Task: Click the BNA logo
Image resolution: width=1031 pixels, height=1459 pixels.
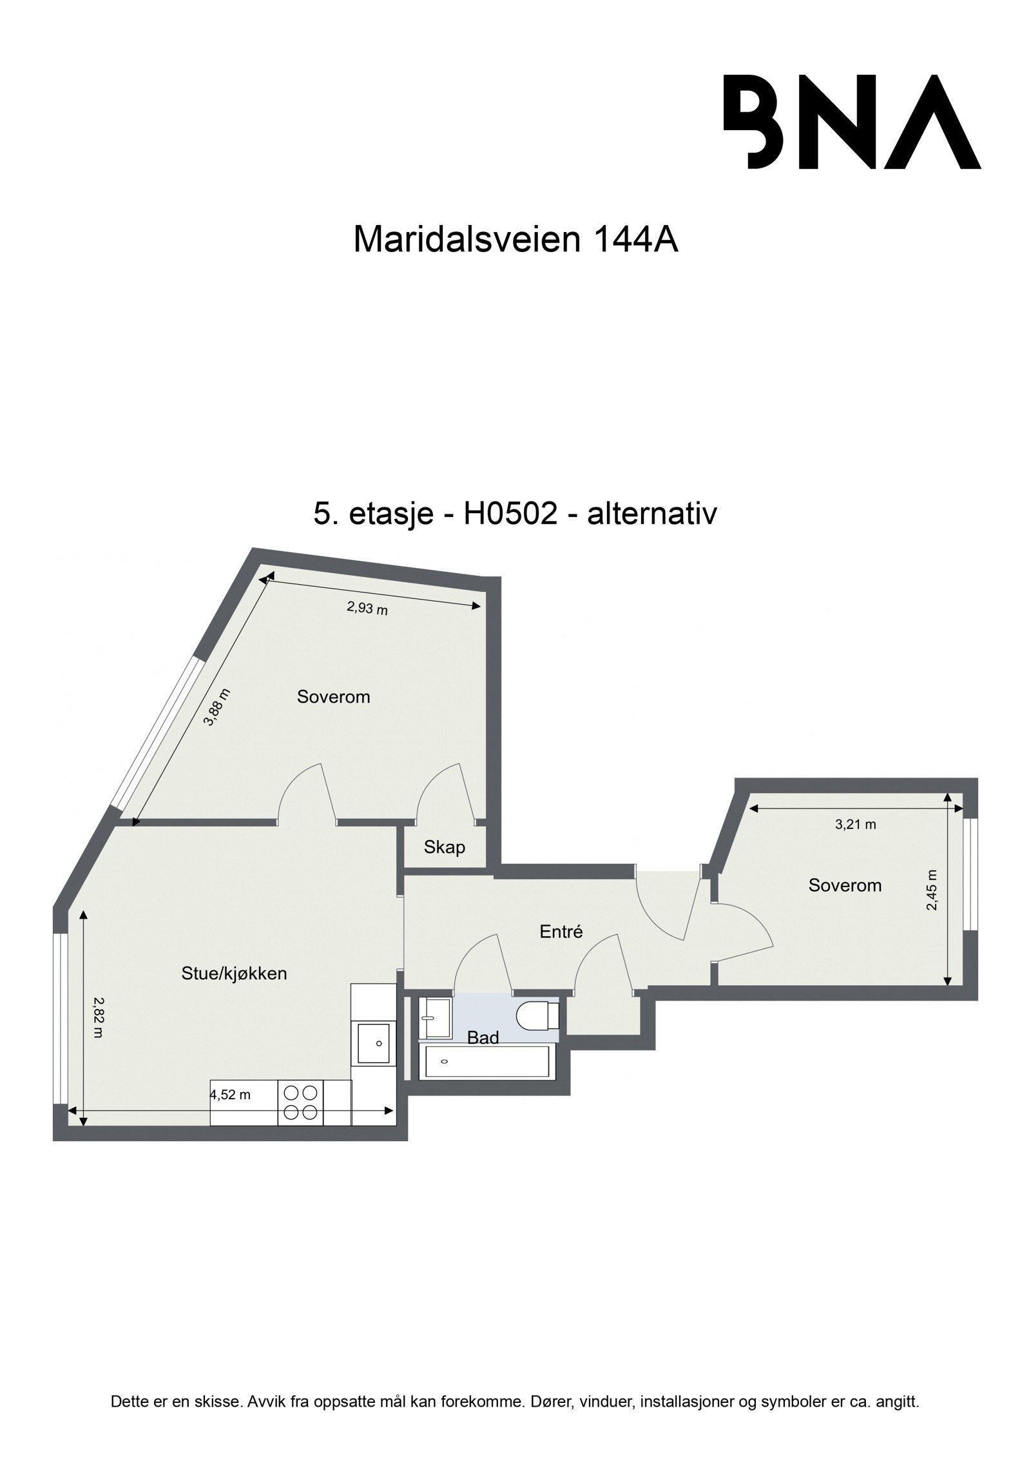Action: (851, 122)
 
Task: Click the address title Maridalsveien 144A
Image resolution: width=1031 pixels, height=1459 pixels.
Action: (515, 240)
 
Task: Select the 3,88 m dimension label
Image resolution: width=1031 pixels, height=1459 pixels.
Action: (217, 707)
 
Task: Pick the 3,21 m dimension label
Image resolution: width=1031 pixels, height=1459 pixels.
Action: (855, 824)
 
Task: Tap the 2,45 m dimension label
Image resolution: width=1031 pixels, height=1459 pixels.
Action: (932, 890)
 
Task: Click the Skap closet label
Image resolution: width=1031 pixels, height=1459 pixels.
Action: (444, 847)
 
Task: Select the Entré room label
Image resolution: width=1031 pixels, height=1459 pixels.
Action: (561, 931)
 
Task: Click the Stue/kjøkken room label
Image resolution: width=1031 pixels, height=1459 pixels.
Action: (234, 974)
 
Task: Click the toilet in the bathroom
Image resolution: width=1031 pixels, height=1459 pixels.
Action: (537, 1016)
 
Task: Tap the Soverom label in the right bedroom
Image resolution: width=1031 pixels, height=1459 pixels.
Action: (844, 885)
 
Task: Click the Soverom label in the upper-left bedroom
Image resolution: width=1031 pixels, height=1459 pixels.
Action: (333, 696)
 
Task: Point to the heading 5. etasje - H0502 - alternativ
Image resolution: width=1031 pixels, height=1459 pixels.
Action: (515, 514)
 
